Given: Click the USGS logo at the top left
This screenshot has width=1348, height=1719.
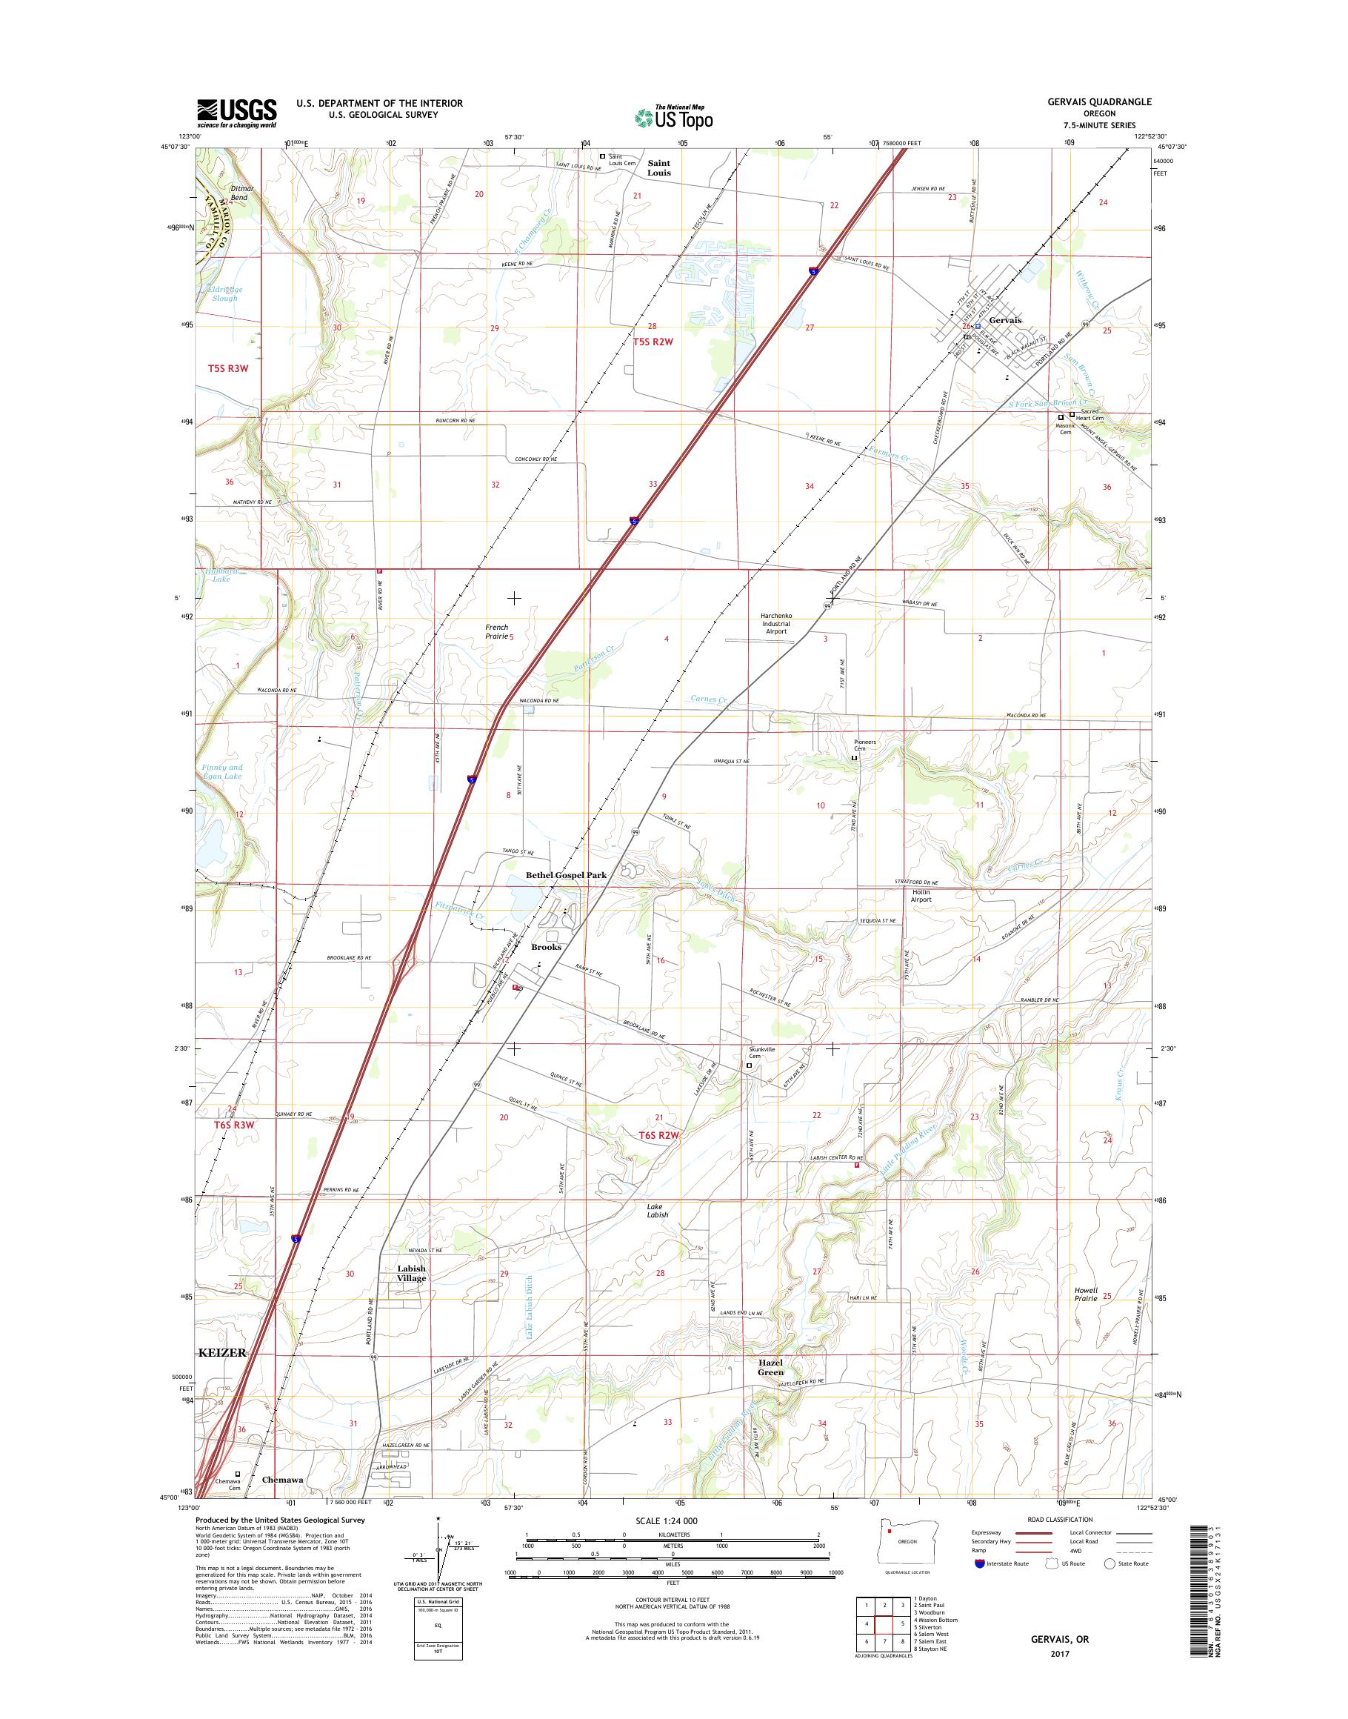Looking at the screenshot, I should (x=236, y=113).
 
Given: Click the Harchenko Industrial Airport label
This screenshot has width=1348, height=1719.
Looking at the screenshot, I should (x=775, y=623).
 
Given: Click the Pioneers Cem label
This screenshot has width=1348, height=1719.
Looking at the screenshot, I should (x=865, y=745).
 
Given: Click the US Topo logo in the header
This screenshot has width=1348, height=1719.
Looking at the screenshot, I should (x=673, y=117).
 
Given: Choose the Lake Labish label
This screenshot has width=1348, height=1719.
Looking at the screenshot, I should (x=658, y=1211).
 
